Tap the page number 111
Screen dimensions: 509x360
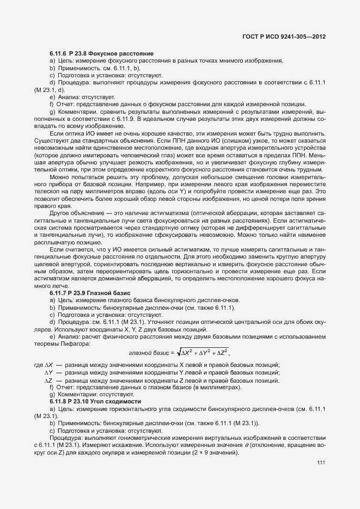[x=320, y=462]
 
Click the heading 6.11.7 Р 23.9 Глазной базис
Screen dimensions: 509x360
[x=90, y=293]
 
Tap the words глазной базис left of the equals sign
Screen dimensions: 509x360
[x=147, y=353]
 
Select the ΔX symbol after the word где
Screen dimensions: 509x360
[x=48, y=364]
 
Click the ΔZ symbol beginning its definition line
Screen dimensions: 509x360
[x=48, y=380]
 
